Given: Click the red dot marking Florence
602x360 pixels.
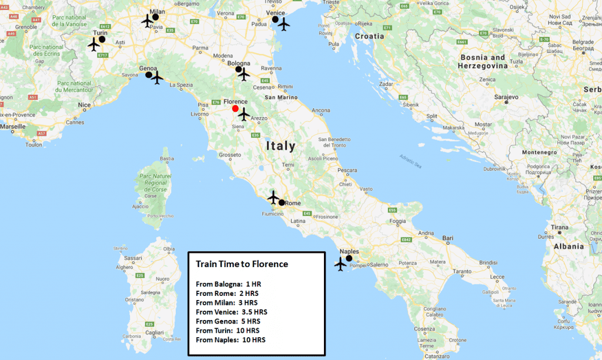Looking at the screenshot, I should tap(235, 108).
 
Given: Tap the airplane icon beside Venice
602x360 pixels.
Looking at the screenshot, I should tap(284, 25).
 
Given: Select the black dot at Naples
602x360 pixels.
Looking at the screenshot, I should tap(349, 258).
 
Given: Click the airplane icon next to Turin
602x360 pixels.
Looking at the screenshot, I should tap(94, 44).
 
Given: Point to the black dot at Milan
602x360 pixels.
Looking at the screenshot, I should tap(155, 17).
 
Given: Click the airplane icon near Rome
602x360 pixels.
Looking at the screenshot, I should tap(273, 196).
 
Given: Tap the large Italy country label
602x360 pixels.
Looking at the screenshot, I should tap(280, 145).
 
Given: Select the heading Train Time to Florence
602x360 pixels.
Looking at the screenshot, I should tap(242, 264).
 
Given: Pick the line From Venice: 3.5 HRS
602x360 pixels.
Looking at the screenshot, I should tap(232, 312).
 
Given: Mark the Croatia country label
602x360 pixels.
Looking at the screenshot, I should tap(369, 36).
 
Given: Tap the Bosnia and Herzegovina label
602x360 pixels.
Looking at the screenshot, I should tap(483, 62).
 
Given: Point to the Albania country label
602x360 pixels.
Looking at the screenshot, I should tap(567, 246).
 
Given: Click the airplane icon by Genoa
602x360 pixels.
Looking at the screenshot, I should tap(157, 78).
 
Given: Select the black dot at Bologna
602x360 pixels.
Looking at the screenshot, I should tap(239, 69).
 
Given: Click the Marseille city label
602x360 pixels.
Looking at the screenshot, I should tap(13, 126).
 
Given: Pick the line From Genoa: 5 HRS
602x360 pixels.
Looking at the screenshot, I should tap(228, 321).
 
